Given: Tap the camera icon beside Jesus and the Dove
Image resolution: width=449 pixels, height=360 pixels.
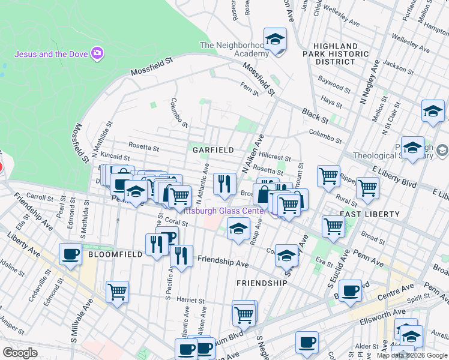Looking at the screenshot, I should point(97,54).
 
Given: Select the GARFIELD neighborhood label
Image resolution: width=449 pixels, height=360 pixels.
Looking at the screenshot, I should point(209,149).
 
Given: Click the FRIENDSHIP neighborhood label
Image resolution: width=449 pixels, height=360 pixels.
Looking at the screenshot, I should point(262,283).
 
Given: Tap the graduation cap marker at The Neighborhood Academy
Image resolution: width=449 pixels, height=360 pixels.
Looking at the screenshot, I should point(276,40).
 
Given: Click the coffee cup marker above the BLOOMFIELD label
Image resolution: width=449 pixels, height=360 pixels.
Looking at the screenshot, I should point(71,253).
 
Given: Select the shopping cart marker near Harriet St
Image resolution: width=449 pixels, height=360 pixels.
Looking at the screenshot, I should point(118,292).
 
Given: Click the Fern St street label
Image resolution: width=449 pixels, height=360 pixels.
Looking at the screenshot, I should point(249,89).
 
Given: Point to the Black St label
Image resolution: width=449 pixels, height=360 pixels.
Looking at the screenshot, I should point(313,112).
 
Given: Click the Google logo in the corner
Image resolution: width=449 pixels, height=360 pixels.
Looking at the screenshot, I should point(20,353).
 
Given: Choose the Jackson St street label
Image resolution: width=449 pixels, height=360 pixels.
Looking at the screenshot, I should point(394,65).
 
